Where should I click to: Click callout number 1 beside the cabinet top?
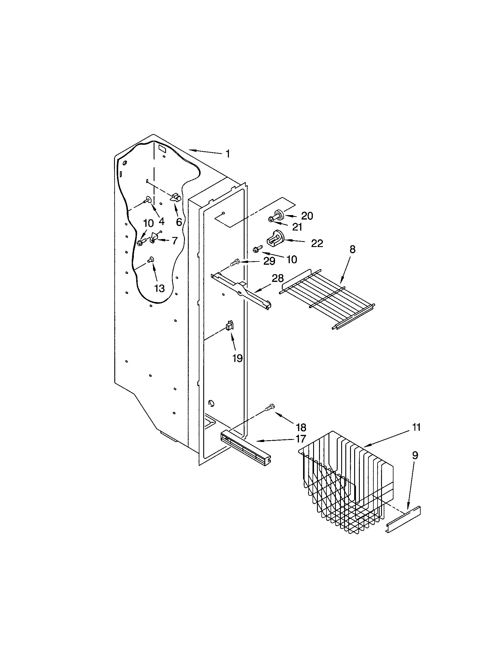pyautogui.click(x=227, y=154)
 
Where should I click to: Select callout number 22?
pyautogui.click(x=317, y=243)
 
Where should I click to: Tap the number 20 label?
pyautogui.click(x=307, y=216)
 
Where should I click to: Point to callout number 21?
pyautogui.click(x=297, y=227)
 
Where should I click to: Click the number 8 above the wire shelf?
pyautogui.click(x=352, y=249)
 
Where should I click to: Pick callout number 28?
pyautogui.click(x=278, y=278)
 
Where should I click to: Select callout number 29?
pyautogui.click(x=269, y=261)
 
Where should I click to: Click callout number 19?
pyautogui.click(x=238, y=358)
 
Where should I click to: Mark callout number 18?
pyautogui.click(x=301, y=427)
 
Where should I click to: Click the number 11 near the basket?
pyautogui.click(x=416, y=427)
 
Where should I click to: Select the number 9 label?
pyautogui.click(x=415, y=455)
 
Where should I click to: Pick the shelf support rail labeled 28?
pyautogui.click(x=241, y=289)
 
